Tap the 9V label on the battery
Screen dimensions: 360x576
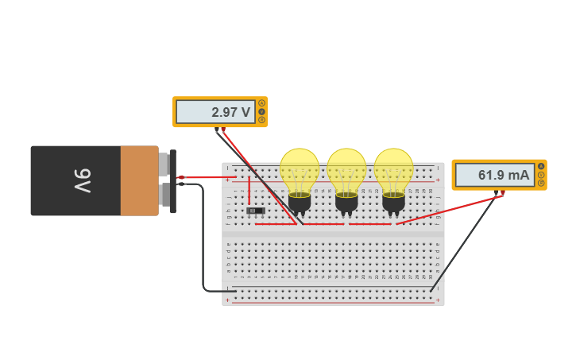[83, 180]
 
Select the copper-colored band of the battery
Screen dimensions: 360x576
[139, 180]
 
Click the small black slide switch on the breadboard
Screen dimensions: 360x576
[255, 211]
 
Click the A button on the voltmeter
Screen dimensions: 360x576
[261, 103]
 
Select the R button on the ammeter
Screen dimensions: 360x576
[541, 183]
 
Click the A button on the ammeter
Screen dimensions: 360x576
[541, 166]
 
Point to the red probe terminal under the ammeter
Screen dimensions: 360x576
[502, 192]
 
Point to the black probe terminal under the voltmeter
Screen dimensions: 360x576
[216, 130]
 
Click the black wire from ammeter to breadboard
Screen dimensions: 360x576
[465, 242]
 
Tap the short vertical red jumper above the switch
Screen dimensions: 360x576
[249, 191]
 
